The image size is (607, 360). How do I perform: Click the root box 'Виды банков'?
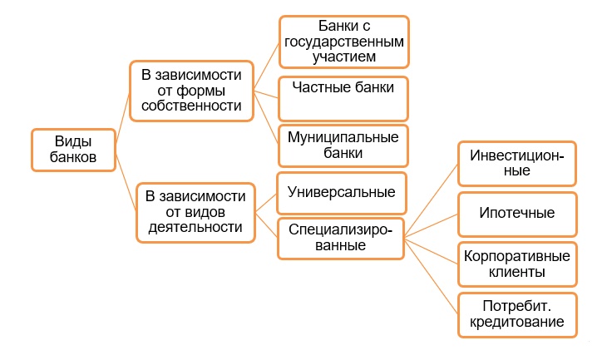(73, 150)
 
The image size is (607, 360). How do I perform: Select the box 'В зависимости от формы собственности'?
(191, 91)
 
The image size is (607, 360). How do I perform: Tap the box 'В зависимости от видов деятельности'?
(196, 213)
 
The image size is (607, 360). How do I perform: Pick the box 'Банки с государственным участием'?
(344, 42)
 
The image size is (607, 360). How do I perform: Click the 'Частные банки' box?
(343, 99)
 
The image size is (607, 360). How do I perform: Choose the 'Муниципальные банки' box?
(343, 145)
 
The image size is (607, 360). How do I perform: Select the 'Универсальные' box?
(342, 193)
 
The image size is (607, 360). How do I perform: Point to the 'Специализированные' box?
(341, 238)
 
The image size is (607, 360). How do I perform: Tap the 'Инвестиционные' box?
(517, 163)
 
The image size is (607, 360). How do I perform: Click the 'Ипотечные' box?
(517, 214)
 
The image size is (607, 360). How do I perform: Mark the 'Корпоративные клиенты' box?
(517, 264)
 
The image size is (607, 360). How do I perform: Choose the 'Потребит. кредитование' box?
(517, 315)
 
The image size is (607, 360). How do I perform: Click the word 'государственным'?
(344, 42)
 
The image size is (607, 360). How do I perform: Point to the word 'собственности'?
(191, 106)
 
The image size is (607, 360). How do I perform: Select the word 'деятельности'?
(195, 227)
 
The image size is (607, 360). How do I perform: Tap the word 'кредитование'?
(517, 322)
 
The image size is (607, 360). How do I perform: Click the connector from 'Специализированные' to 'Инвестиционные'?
(432, 200)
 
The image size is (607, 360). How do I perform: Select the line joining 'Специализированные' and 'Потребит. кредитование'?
(432, 276)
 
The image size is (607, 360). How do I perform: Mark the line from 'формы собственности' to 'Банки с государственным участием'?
(266, 67)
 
